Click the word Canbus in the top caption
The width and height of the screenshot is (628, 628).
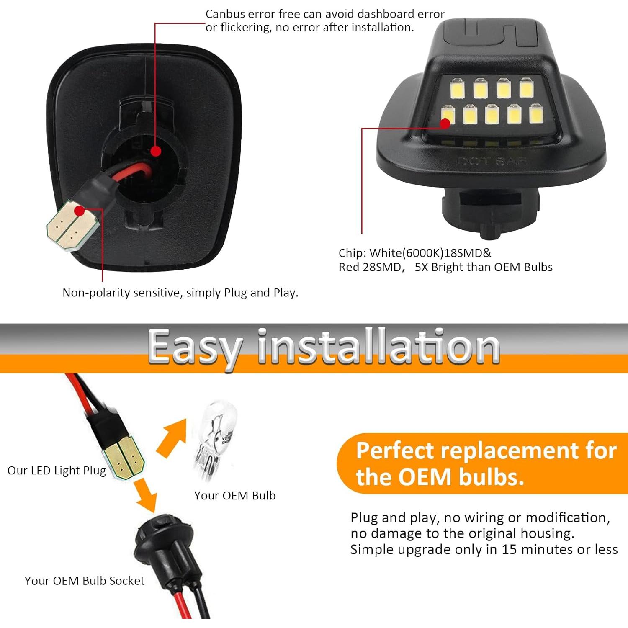pos(225,14)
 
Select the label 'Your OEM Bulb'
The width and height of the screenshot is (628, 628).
pos(235,496)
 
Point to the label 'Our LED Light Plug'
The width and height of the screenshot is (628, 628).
pos(57,471)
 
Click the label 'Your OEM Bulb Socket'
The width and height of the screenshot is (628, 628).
pos(84,581)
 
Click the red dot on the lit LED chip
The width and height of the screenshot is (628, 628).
pos(445,123)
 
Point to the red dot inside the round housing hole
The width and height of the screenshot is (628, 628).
pos(156,151)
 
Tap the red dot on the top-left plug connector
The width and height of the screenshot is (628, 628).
pos(79,211)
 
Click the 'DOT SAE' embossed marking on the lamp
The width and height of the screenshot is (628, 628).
pos(492,161)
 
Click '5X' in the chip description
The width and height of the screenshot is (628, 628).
pos(422,268)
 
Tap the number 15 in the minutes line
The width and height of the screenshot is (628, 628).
pos(509,549)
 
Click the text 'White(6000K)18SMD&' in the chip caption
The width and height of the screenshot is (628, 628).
pos(430,253)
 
